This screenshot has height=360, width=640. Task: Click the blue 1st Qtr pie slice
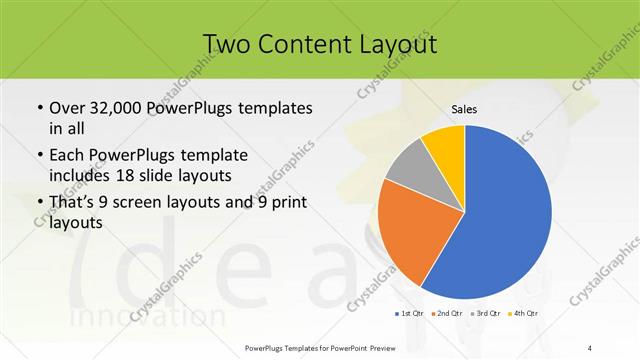[x=500, y=220]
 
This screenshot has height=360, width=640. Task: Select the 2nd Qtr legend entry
[x=446, y=313]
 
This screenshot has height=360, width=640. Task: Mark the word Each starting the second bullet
[x=67, y=155]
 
